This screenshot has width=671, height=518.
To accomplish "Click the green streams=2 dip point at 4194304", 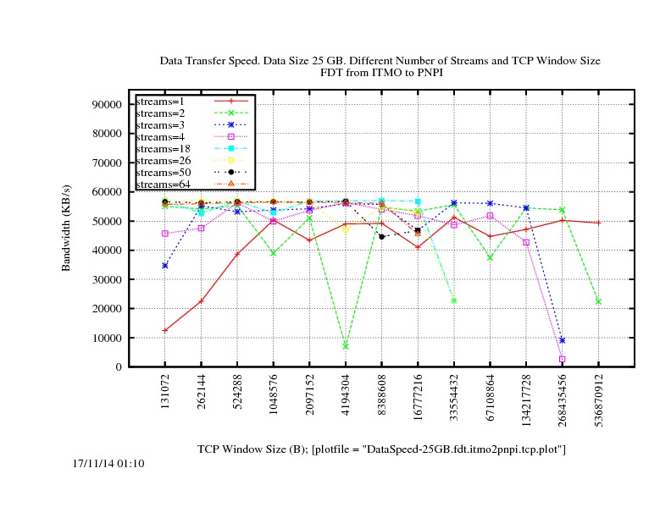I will click(x=346, y=346).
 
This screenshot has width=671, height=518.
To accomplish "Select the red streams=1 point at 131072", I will click(x=165, y=330).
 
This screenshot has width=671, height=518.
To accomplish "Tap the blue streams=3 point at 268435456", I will click(x=563, y=340).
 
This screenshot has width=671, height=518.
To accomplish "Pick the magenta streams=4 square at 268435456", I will click(x=563, y=359).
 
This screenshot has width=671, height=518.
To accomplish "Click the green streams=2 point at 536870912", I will click(x=599, y=301).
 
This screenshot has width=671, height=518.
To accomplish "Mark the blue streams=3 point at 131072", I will click(x=165, y=266).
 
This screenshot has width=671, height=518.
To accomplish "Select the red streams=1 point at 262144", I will click(x=201, y=301).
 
